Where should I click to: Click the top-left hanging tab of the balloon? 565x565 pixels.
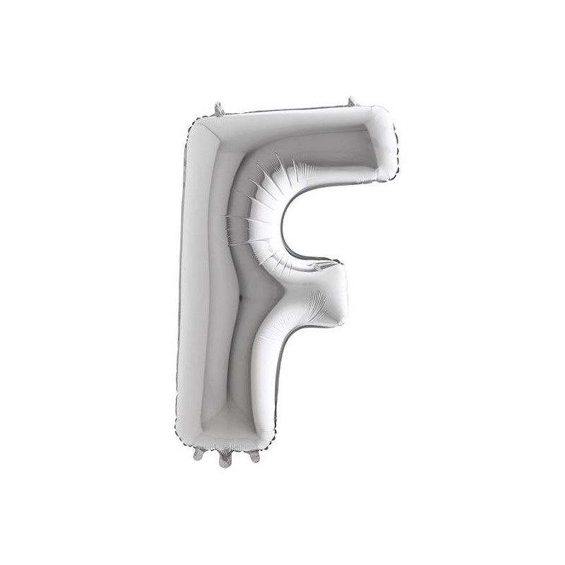pyautogui.click(x=219, y=109)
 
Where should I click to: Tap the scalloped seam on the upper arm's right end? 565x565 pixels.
pyautogui.click(x=392, y=145)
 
